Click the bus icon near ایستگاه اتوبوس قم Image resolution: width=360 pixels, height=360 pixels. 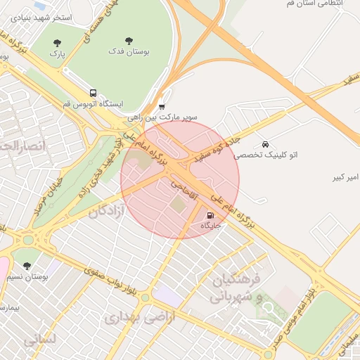pyautogui.click(x=93, y=93)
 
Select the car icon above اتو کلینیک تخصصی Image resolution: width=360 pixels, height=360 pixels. pyautogui.click(x=264, y=144)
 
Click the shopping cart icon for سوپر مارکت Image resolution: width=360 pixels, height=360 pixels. pyautogui.click(x=162, y=107)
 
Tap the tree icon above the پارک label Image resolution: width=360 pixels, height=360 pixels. pyautogui.click(x=57, y=42)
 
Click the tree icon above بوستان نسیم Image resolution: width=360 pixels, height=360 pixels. pyautogui.click(x=27, y=266)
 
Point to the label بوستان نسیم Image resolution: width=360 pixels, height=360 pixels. pyautogui.click(x=44, y=277)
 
